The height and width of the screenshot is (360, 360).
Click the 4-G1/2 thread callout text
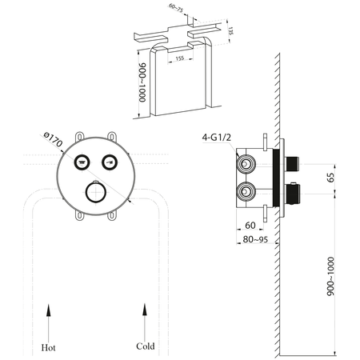(x=217, y=137)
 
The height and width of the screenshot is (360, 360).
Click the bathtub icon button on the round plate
(x=81, y=162)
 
